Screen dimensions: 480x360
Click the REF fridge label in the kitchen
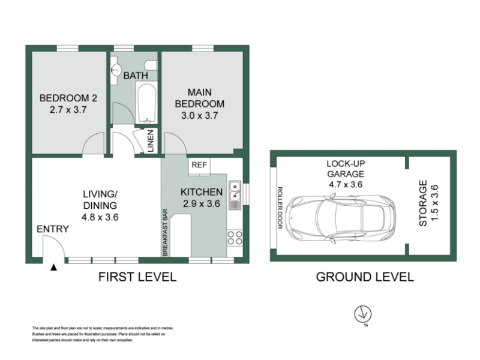[x=199, y=165]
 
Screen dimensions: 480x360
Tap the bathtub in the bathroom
[x=147, y=103]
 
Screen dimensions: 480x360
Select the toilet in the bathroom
[x=151, y=65]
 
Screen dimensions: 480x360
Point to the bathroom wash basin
[x=116, y=70]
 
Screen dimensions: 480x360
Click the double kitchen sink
[x=235, y=196]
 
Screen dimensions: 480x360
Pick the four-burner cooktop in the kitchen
[x=235, y=238]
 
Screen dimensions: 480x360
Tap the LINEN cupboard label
[x=151, y=141]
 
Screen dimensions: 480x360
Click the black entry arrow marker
[x=54, y=268]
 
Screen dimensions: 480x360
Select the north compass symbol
[x=363, y=314]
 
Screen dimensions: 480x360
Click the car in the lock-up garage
[x=340, y=217]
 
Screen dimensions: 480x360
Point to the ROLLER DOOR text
[x=280, y=208]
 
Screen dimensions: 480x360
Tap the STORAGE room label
[x=423, y=203]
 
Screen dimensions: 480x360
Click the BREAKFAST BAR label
[x=165, y=232]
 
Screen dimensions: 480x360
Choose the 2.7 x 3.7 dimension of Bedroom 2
[x=68, y=110]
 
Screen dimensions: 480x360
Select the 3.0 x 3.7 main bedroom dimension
[x=199, y=115]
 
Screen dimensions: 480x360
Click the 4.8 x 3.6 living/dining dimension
[x=100, y=217]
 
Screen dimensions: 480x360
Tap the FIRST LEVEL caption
[x=137, y=277]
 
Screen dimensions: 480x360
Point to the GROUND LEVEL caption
[x=365, y=277]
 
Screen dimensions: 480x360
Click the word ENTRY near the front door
[x=53, y=229]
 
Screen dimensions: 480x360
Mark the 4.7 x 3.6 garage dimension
[x=346, y=184]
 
